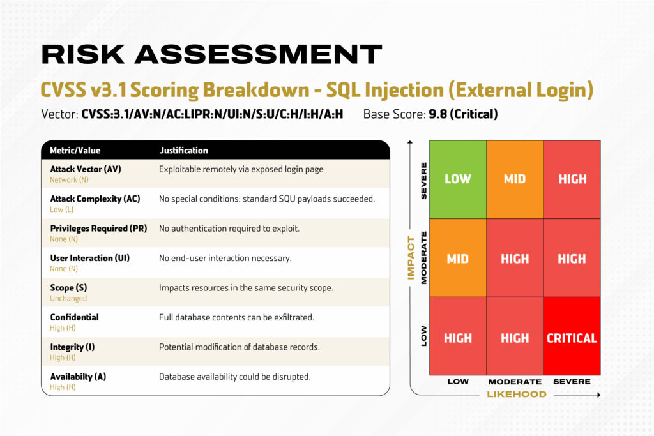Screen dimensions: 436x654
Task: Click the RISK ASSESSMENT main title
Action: click(x=211, y=54)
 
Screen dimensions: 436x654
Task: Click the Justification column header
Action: click(x=183, y=151)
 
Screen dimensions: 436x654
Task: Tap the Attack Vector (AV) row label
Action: click(x=86, y=169)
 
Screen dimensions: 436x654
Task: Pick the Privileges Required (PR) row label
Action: click(x=98, y=228)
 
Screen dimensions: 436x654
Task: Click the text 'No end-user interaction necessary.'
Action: click(x=225, y=259)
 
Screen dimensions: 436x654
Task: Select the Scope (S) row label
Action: click(x=68, y=288)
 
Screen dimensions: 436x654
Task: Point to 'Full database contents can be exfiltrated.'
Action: click(x=236, y=317)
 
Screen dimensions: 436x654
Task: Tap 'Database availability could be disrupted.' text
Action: click(x=234, y=377)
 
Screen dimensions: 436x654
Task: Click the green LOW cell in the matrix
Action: click(x=458, y=179)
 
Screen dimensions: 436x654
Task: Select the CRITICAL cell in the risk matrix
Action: click(x=572, y=338)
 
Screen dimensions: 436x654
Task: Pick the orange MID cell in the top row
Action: click(x=515, y=179)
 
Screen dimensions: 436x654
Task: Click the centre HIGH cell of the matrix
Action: click(x=515, y=259)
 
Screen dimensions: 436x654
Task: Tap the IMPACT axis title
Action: click(x=411, y=257)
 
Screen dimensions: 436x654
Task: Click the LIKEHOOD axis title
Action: click(x=517, y=395)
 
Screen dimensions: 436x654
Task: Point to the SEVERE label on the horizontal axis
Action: click(x=572, y=382)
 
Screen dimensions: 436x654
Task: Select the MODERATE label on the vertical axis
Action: click(x=423, y=258)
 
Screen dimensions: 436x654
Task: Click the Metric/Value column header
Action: click(x=75, y=151)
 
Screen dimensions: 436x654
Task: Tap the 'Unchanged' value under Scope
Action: click(x=68, y=298)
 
